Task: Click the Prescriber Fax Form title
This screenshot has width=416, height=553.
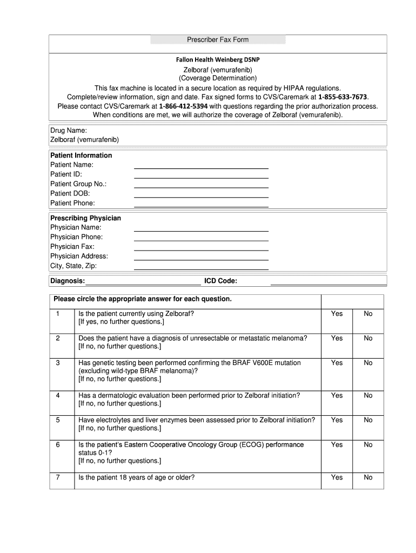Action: [218, 39]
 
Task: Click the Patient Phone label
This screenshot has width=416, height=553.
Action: [72, 203]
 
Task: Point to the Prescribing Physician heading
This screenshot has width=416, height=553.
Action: [85, 218]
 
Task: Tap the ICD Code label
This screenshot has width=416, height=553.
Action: [220, 281]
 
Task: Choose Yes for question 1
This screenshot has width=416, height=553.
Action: [337, 314]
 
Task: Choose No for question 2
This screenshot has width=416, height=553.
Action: [368, 339]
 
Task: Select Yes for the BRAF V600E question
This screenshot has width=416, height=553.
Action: [337, 363]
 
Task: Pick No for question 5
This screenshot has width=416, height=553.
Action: [368, 420]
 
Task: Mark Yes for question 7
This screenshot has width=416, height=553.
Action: [337, 478]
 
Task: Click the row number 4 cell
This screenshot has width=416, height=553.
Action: [58, 396]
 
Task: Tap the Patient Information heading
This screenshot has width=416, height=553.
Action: [81, 156]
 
